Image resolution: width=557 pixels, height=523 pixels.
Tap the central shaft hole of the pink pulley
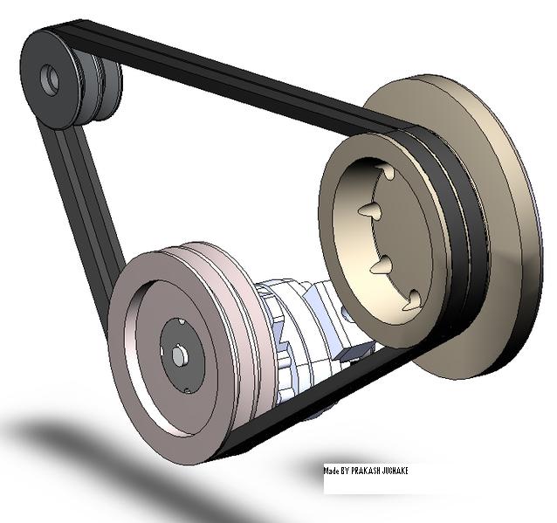pos(178,355)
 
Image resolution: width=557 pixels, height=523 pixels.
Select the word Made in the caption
pos(332,471)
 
